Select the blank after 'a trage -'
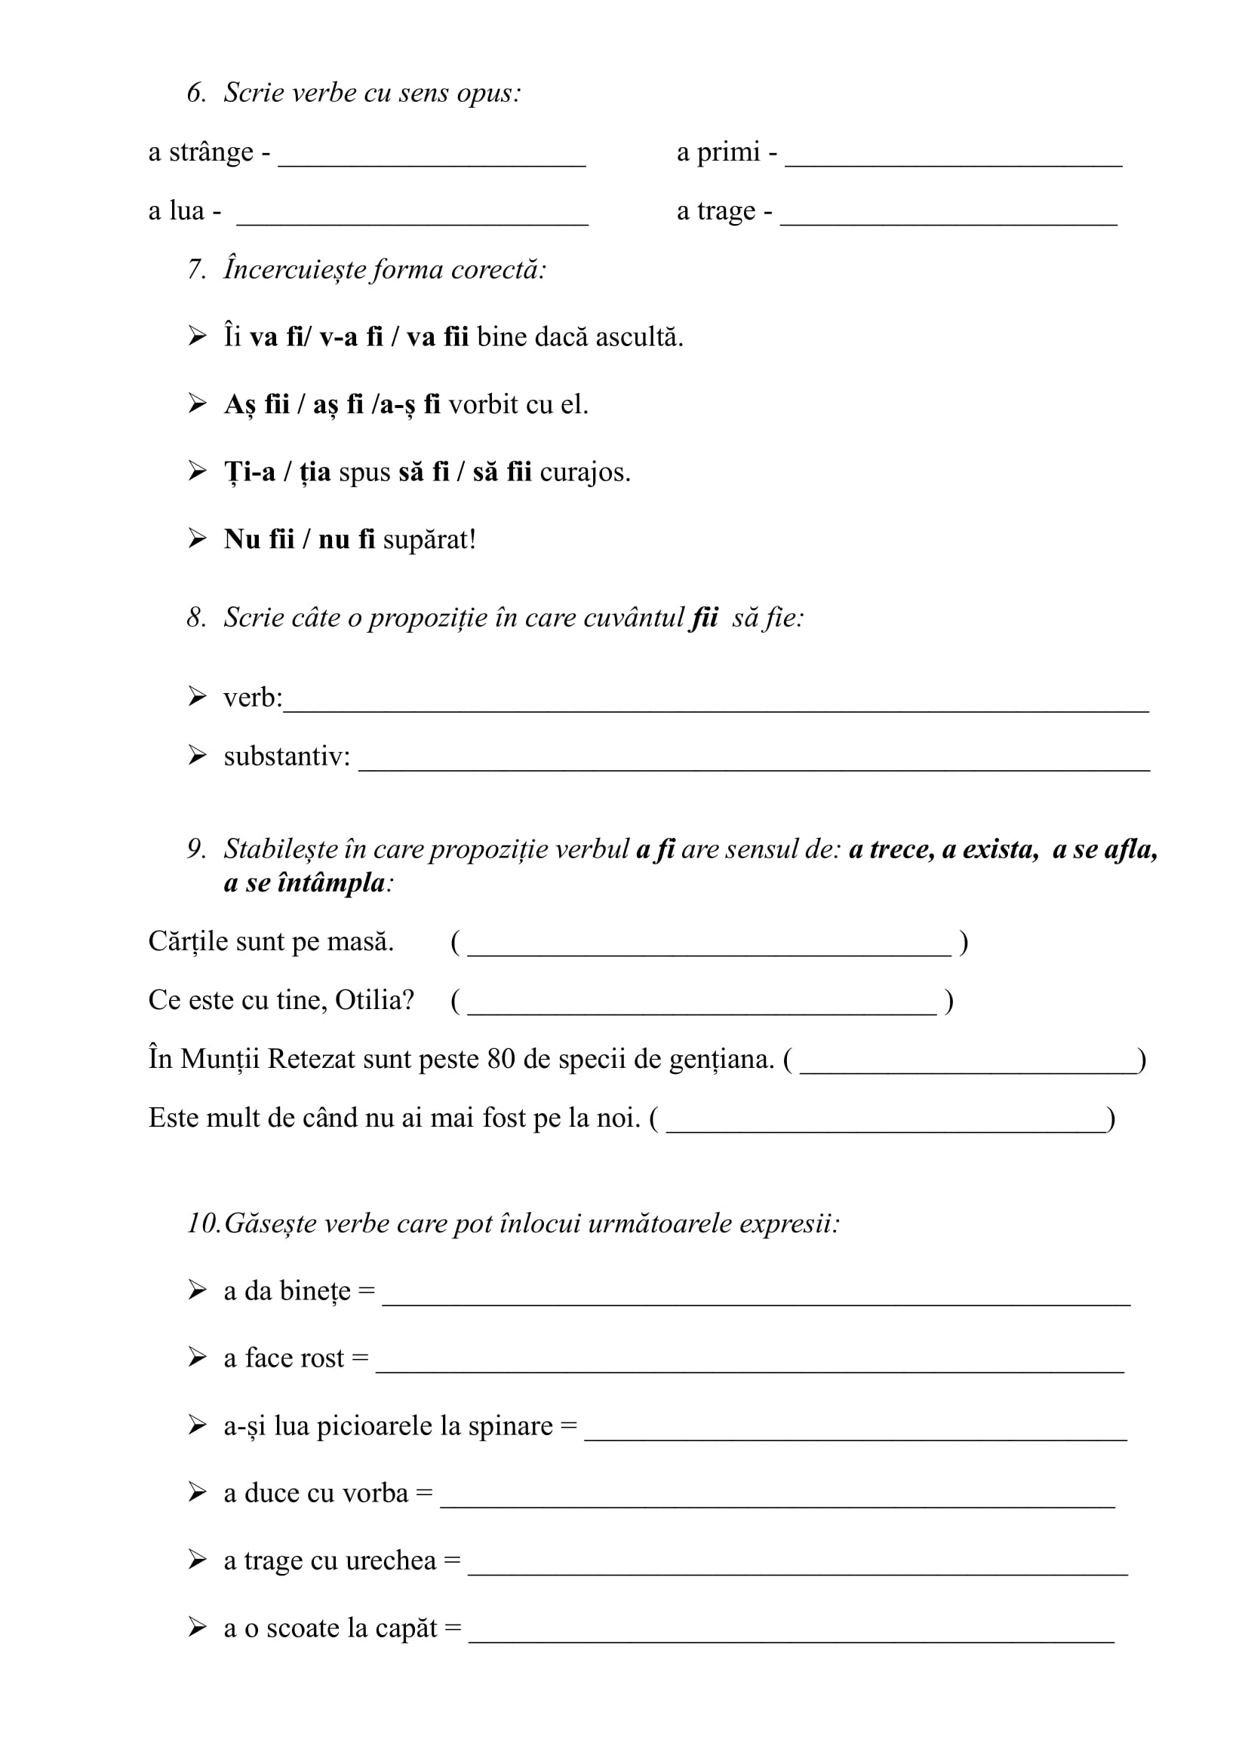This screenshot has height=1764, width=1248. pyautogui.click(x=948, y=219)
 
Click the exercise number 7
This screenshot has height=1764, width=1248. pyautogui.click(x=196, y=270)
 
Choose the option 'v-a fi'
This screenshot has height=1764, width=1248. pyautogui.click(x=351, y=337)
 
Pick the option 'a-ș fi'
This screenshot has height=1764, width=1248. pyautogui.click(x=405, y=405)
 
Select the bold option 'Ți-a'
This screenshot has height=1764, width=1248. pyautogui.click(x=250, y=471)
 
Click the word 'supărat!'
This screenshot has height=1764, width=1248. pyautogui.click(x=429, y=539)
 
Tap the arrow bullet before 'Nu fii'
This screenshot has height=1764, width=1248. pyautogui.click(x=198, y=538)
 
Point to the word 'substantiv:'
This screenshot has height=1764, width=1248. pyautogui.click(x=287, y=756)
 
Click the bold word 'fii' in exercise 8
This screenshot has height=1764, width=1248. pyautogui.click(x=705, y=618)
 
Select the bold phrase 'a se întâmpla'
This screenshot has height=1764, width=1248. pyautogui.click(x=304, y=883)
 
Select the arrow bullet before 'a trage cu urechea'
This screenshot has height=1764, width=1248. pyautogui.click(x=198, y=1560)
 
